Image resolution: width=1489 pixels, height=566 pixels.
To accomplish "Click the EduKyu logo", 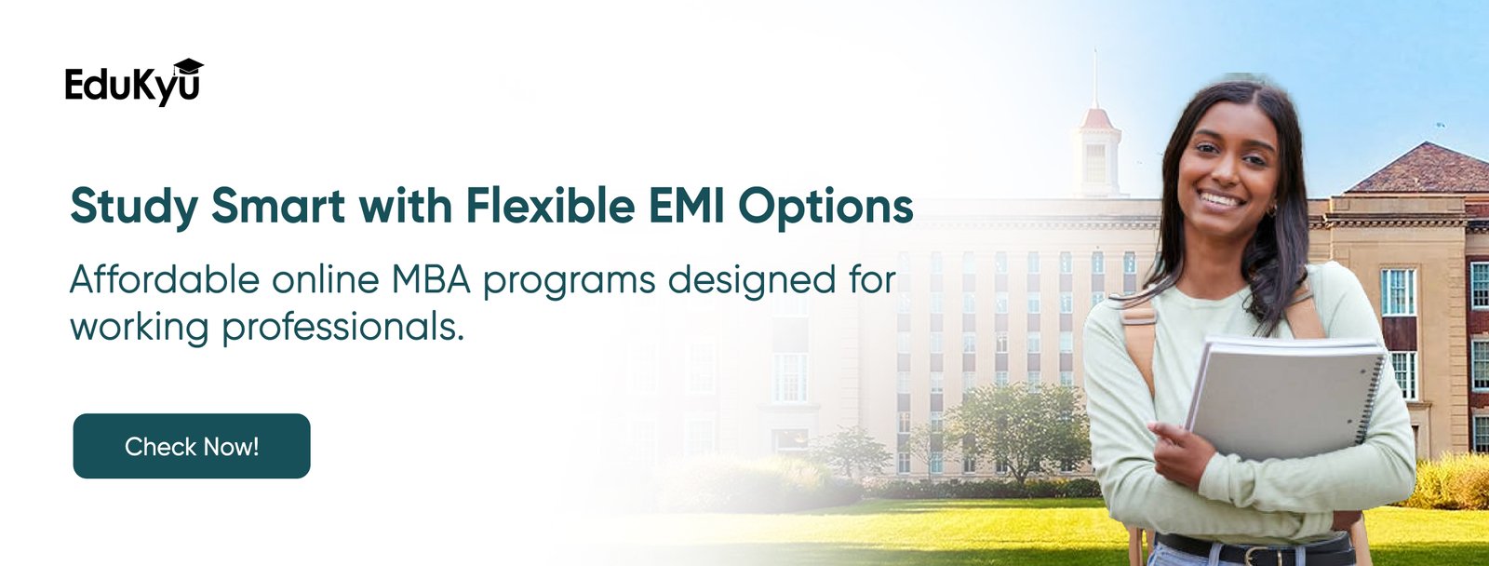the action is [x=134, y=83].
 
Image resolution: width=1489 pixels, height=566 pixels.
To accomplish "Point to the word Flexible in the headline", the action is [x=550, y=206].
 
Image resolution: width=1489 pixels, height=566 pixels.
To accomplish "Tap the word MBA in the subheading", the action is [x=431, y=279].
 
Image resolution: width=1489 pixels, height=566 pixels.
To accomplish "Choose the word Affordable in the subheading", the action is [x=164, y=278].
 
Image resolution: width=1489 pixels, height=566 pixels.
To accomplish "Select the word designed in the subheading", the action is [x=751, y=278].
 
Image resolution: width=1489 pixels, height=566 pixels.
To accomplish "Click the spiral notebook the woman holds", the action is [x=1286, y=399].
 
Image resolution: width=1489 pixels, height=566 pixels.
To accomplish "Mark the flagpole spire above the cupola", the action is [x=1094, y=78].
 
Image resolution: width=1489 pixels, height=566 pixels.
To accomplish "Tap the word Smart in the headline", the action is [x=278, y=206].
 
